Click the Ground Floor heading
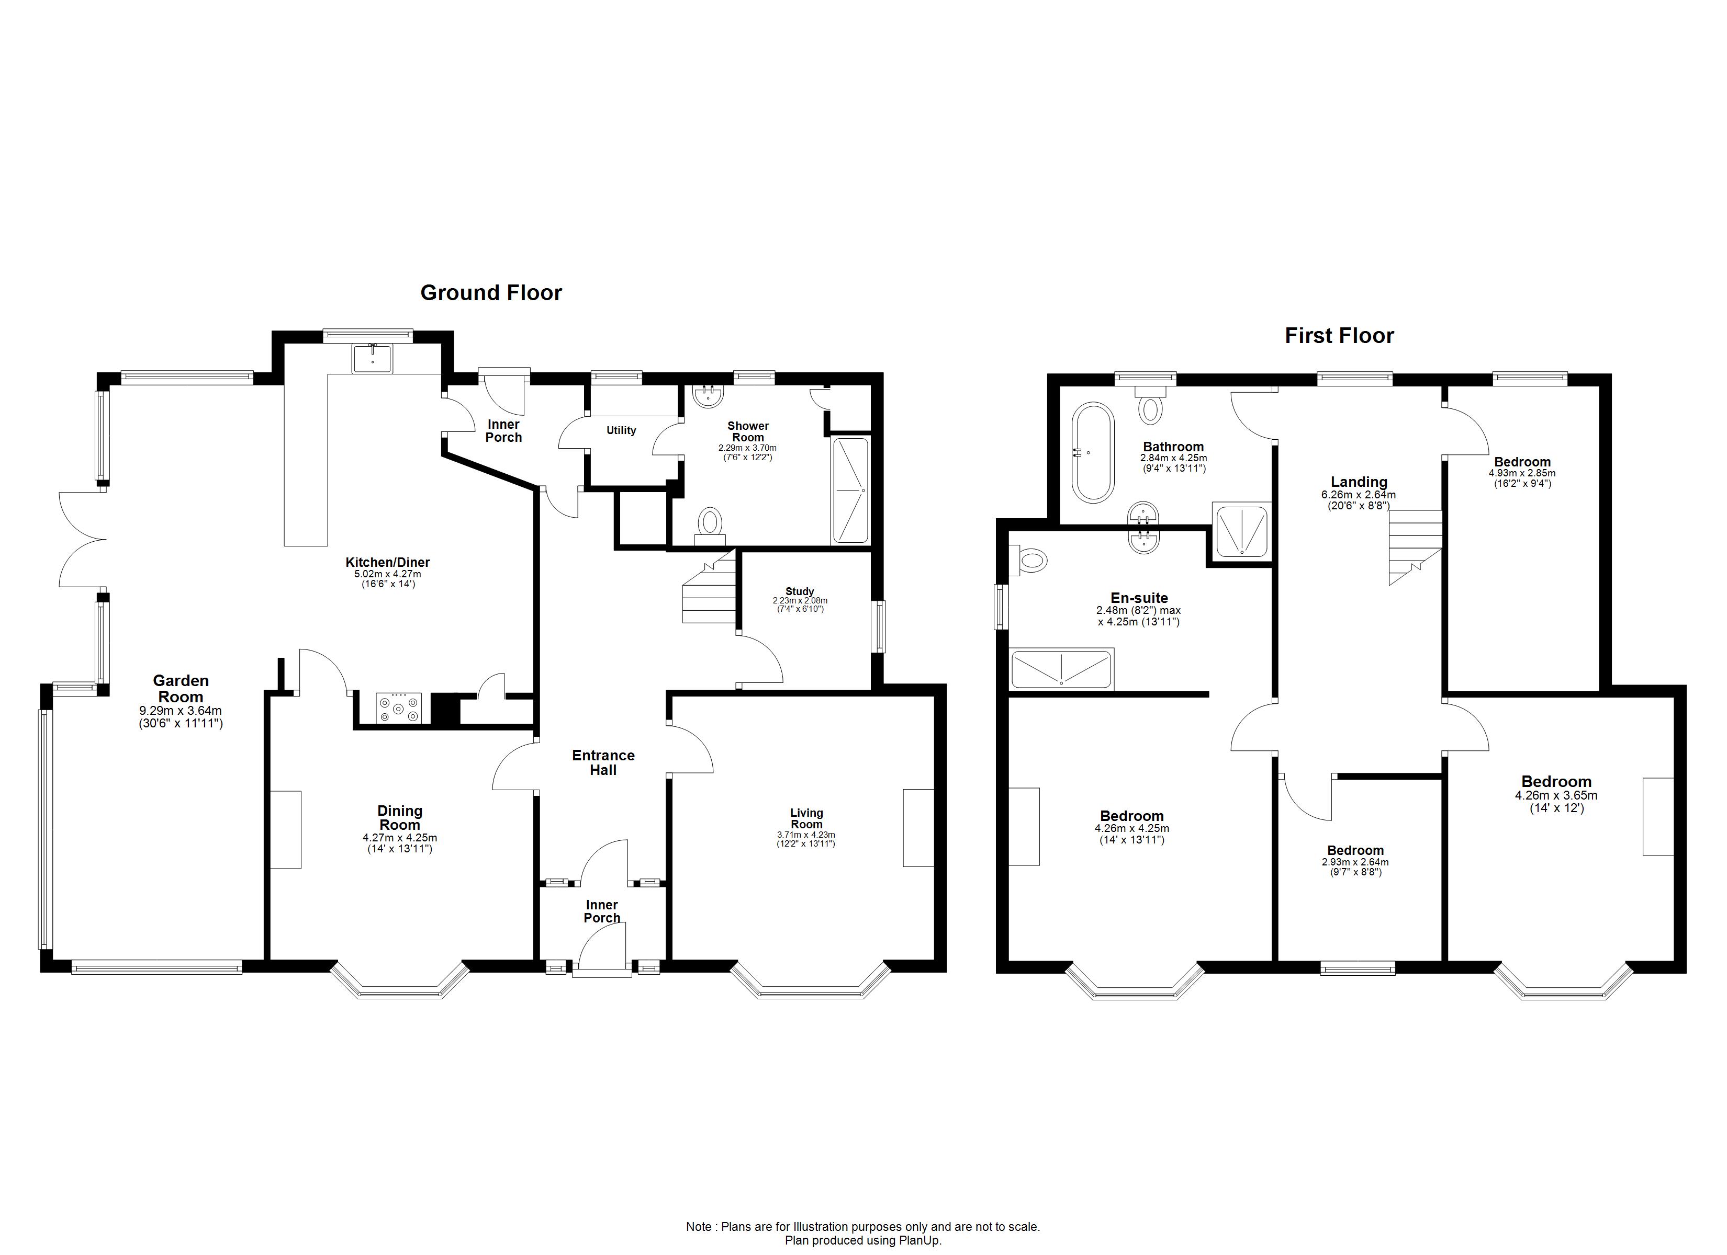point(491,293)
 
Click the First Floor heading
point(1339,336)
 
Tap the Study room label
point(800,591)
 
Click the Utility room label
point(621,430)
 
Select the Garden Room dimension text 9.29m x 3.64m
point(181,711)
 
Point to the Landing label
point(1359,482)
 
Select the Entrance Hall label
point(603,762)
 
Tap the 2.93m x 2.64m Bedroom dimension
point(1355,862)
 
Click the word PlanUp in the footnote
point(922,1240)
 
